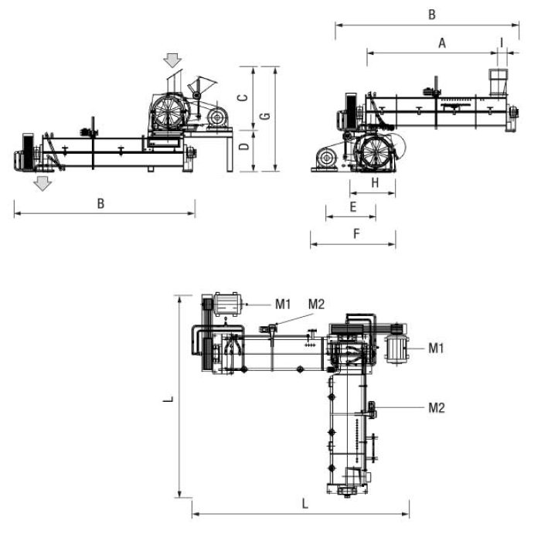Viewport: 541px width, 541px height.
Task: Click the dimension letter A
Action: tap(442, 43)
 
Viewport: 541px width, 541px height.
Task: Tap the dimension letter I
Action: tap(502, 43)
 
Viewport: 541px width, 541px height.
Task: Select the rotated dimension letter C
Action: tap(243, 97)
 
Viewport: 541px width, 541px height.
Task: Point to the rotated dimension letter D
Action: tap(244, 146)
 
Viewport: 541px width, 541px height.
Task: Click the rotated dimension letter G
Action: tap(265, 116)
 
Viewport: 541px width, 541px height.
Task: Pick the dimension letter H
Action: tap(375, 183)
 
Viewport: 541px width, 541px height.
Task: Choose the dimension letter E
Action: tap(353, 206)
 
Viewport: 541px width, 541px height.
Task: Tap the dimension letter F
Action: tap(357, 234)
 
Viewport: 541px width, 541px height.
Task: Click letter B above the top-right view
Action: tap(432, 15)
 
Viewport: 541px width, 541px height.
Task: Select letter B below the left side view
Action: tap(100, 203)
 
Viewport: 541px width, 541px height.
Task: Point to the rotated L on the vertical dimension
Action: tap(168, 400)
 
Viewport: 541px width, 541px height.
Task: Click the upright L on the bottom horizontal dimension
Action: tap(305, 504)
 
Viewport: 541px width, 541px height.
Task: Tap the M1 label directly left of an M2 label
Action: tap(283, 305)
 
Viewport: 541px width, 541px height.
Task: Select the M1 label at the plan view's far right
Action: tap(436, 348)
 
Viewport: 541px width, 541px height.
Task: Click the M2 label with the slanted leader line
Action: tap(316, 305)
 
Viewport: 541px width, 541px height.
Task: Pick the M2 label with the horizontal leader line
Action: tap(437, 408)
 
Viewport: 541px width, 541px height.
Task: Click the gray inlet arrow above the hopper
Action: tap(172, 60)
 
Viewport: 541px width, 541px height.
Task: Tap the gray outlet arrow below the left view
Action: tap(43, 184)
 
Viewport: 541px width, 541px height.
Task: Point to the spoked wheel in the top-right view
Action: tap(375, 152)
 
